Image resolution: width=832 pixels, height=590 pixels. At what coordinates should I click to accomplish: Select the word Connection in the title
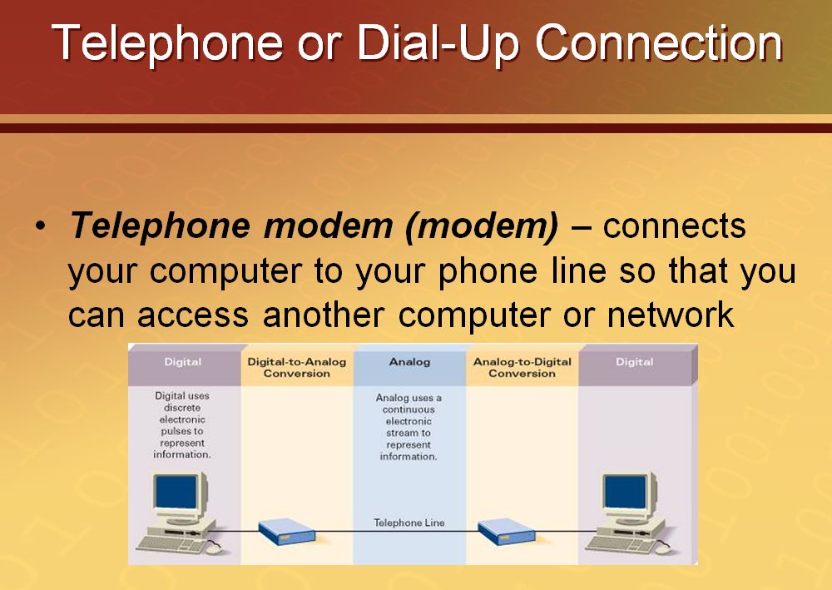pyautogui.click(x=658, y=43)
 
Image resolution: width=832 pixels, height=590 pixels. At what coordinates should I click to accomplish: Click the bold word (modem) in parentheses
pyautogui.click(x=483, y=226)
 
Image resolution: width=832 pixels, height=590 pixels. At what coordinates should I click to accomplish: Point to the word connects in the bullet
pyautogui.click(x=674, y=226)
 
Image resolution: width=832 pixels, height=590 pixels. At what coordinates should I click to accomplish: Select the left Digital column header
pyautogui.click(x=183, y=363)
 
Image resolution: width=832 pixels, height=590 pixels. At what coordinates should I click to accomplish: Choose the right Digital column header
pyautogui.click(x=635, y=363)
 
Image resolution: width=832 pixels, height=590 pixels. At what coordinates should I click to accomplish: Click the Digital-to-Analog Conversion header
pyautogui.click(x=297, y=368)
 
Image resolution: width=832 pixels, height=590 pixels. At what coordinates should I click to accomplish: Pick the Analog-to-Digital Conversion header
pyautogui.click(x=522, y=368)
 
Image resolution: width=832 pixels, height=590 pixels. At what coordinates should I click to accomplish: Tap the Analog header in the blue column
pyautogui.click(x=409, y=363)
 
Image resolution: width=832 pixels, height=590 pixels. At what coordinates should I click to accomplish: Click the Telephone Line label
pyautogui.click(x=409, y=523)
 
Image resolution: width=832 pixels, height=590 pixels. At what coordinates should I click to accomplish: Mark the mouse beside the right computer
pyautogui.click(x=663, y=548)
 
